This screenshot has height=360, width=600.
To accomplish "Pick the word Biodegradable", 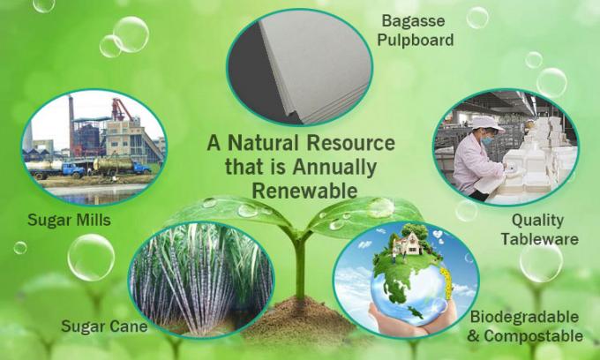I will click(525, 316).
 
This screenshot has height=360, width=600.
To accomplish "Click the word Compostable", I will click(533, 335).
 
